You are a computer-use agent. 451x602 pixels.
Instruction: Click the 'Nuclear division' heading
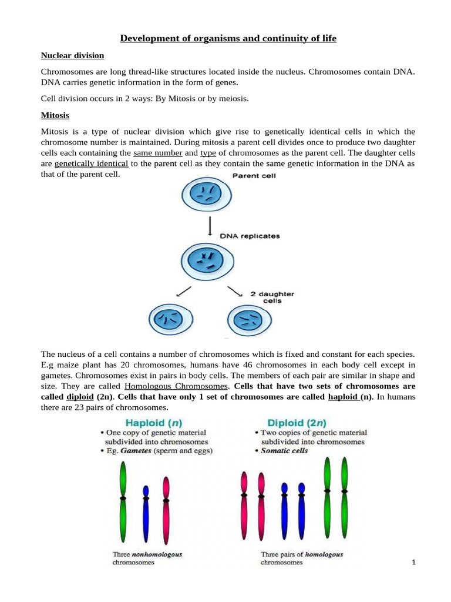click(72, 56)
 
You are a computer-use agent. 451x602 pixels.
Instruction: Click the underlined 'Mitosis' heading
click(55, 116)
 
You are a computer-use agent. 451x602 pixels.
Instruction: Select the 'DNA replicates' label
click(250, 236)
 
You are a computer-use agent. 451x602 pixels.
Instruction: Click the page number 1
click(414, 563)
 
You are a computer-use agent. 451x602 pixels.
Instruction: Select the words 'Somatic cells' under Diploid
click(284, 451)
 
